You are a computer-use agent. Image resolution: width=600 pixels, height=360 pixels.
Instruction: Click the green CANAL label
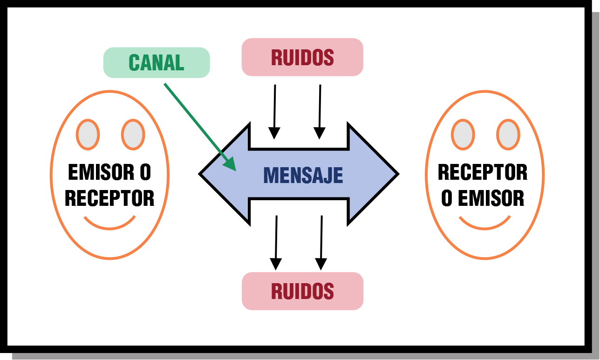157,62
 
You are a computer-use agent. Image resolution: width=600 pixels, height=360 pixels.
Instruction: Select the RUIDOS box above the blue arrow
302,57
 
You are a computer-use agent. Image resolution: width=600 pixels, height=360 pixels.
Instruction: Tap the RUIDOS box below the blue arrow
302,291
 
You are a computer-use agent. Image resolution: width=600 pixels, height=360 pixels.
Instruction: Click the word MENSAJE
303,175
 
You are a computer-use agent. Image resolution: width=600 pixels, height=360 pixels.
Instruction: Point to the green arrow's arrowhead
230,163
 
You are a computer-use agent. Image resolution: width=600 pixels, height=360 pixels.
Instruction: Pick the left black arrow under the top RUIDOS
275,112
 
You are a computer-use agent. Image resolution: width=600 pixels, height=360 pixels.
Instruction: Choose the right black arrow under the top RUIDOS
320,112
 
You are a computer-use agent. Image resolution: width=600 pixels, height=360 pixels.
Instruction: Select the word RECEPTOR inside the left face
109,198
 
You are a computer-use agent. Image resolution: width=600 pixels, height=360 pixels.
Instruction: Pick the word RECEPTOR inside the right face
483,173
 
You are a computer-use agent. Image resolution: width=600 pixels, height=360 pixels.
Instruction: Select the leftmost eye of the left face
88,135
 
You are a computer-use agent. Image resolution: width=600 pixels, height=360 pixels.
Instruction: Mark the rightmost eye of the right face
508,135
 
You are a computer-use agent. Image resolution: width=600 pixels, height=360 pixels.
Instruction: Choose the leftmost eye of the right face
463,135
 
